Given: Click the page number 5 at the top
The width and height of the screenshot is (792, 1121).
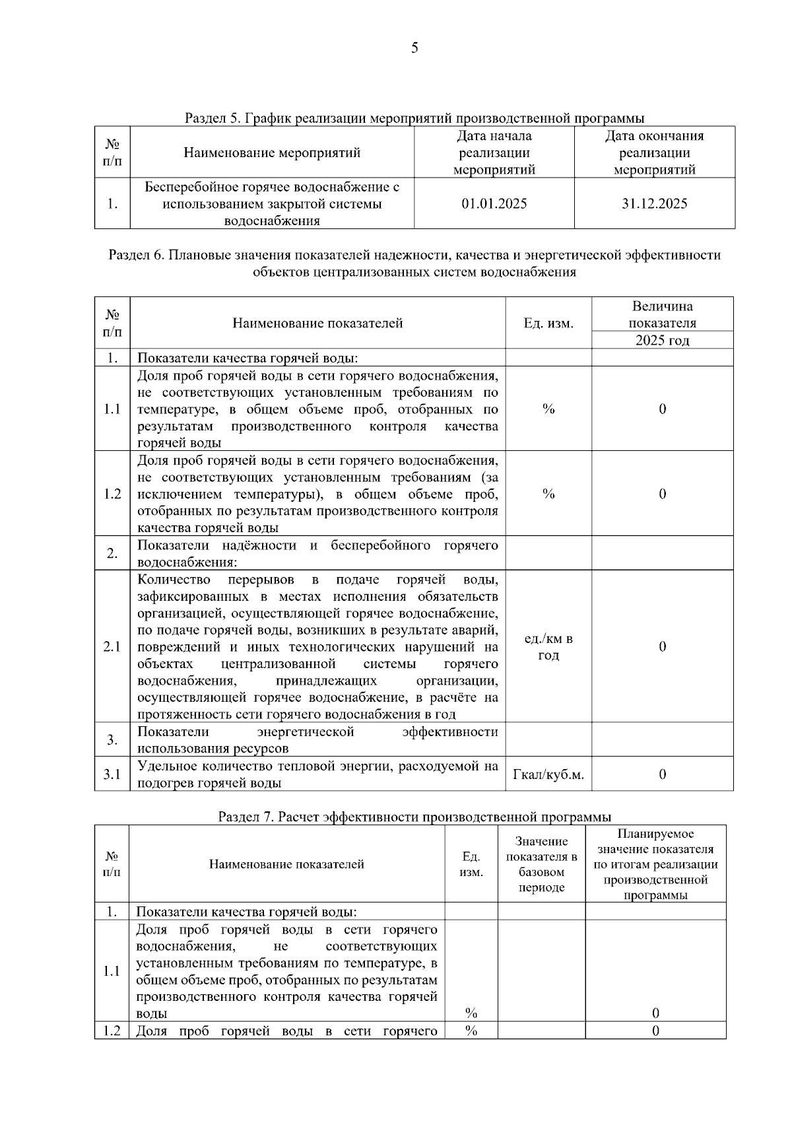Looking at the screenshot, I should [414, 48].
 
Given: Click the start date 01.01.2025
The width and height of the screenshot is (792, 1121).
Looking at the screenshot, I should [494, 203].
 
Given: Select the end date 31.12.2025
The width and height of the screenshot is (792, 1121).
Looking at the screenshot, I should [654, 203].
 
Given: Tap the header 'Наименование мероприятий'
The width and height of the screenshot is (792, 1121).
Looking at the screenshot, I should [272, 153].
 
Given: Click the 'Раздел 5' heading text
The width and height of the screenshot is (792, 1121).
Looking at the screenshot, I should [414, 118].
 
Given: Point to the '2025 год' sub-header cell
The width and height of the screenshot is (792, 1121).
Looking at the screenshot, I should [662, 341].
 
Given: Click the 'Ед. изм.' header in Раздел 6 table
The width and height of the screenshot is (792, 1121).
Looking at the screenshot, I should [548, 323].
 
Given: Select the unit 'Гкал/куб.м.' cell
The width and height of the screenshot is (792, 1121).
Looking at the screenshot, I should [548, 774].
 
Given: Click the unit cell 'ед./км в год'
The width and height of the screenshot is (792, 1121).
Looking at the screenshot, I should [548, 647].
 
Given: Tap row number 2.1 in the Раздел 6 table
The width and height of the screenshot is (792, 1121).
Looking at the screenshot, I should [112, 647].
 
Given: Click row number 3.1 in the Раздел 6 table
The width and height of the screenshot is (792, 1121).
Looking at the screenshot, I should [112, 774].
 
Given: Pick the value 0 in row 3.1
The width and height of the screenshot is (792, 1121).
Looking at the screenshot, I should [662, 774].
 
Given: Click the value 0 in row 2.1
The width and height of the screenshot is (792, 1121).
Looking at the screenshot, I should [662, 647].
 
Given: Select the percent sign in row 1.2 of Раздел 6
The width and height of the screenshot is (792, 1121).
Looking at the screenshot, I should [548, 494].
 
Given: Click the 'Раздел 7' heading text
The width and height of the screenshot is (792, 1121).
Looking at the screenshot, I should [414, 817].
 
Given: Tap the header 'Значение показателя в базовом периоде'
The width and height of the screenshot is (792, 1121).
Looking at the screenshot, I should [541, 864].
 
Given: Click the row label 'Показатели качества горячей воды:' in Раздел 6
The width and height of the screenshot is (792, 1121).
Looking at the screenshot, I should [247, 358].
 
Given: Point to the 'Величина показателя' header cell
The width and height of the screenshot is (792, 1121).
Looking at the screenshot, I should [662, 315].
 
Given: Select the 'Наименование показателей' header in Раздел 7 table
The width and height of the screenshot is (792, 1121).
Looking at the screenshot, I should [286, 864].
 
